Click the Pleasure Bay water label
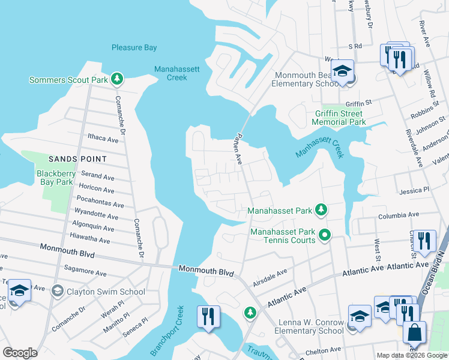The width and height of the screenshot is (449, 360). [134, 47]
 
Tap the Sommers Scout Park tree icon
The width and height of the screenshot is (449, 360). [118, 79]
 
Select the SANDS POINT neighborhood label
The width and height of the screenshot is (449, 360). [77, 159]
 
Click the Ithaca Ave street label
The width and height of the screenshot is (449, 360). [103, 139]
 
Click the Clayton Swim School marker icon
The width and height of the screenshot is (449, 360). [58, 292]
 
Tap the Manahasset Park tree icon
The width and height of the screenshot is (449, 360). [322, 209]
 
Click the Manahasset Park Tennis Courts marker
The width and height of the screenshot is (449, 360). [325, 235]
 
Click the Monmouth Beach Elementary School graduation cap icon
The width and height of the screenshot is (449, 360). [342, 71]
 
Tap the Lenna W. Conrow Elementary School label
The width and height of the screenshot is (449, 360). [310, 326]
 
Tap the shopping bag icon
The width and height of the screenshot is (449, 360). [414, 333]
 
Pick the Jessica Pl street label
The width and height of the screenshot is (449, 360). [414, 190]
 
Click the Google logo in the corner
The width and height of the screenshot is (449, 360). [20, 353]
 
